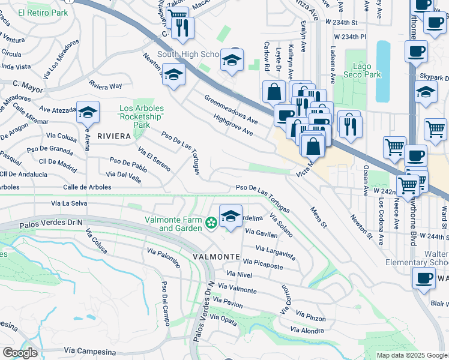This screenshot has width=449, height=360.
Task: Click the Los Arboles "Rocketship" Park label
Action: (x=142, y=116)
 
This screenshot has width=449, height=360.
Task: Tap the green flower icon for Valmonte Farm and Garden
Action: (x=211, y=224)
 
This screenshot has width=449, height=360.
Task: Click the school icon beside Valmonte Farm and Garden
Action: (x=231, y=217)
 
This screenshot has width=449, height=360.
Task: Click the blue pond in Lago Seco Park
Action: (x=382, y=71)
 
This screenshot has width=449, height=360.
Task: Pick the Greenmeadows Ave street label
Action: (x=231, y=109)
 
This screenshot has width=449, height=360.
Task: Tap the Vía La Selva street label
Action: (x=74, y=203)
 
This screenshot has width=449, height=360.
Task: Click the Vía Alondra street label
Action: (x=307, y=330)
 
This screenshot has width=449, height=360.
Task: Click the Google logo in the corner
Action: (x=20, y=353)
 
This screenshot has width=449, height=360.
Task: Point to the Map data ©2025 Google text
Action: (x=411, y=355)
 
